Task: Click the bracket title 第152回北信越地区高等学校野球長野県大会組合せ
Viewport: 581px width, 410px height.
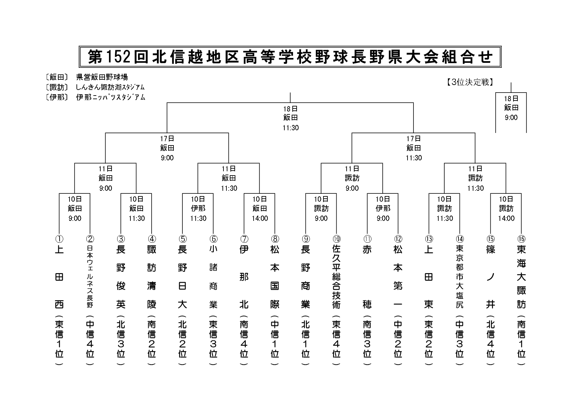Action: [x=290, y=57]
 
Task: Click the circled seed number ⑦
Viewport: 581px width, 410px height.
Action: [x=244, y=239]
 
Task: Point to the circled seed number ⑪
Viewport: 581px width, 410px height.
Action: [x=367, y=239]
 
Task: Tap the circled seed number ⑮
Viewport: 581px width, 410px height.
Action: [x=490, y=239]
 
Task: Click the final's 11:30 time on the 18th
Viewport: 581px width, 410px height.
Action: [x=290, y=128]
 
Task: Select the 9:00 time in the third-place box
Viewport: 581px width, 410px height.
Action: [x=511, y=117]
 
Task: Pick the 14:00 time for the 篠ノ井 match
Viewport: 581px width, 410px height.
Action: [x=506, y=218]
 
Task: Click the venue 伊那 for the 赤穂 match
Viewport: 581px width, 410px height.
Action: [x=383, y=208]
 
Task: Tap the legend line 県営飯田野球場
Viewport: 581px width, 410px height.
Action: [x=102, y=77]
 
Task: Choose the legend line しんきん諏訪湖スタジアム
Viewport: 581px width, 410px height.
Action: [x=110, y=87]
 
